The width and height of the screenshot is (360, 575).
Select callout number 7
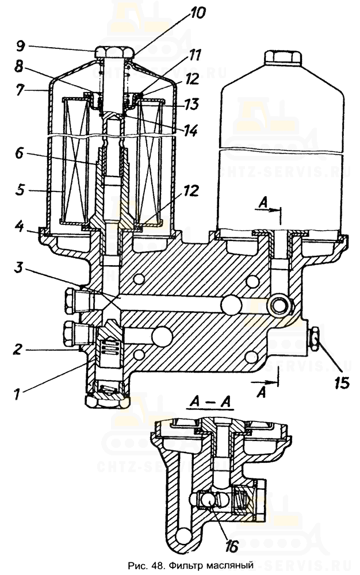21,89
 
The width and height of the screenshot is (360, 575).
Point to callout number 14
190,131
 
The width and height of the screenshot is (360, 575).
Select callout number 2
18,350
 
